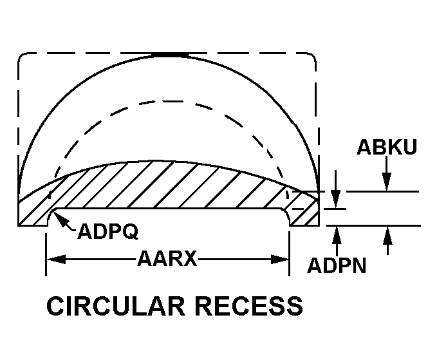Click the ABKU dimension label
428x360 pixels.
(x=387, y=147)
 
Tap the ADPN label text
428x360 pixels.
(x=337, y=265)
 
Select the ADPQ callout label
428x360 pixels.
(x=108, y=231)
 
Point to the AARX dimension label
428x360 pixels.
(x=167, y=258)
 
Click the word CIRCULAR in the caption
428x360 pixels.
(x=116, y=306)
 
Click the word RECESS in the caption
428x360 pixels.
(x=249, y=306)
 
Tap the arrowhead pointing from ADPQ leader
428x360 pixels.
(x=59, y=218)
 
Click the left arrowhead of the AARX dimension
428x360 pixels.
(x=56, y=259)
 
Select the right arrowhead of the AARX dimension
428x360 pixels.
(x=279, y=259)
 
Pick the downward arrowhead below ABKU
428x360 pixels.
(x=387, y=182)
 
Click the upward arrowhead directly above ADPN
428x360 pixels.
(x=337, y=236)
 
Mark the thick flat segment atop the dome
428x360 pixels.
(x=170, y=55)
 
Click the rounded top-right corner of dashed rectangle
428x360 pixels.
(x=312, y=57)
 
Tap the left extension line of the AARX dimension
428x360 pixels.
(x=46, y=254)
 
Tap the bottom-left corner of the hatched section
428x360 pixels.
(x=18, y=226)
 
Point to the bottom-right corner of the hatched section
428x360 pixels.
(x=319, y=226)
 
